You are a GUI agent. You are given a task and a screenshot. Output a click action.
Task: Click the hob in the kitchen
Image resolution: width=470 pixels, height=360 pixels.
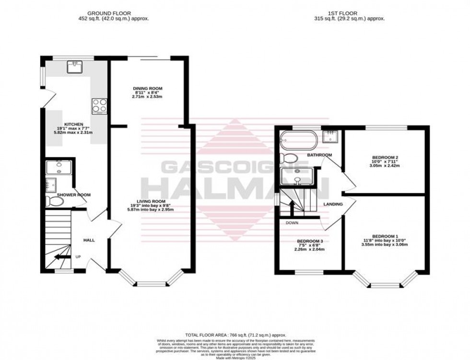(x=99, y=105)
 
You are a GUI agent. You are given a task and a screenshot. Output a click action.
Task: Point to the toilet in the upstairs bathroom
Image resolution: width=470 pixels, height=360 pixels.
(x=288, y=158)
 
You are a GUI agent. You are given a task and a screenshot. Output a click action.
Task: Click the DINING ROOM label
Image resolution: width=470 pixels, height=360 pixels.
(x=148, y=89)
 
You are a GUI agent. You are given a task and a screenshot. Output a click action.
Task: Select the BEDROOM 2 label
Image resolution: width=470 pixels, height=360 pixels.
(x=386, y=157)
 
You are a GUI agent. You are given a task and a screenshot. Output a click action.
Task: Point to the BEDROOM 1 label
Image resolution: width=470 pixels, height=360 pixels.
(x=386, y=236)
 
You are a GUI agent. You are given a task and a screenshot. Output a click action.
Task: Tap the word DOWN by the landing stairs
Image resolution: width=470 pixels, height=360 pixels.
(x=292, y=223)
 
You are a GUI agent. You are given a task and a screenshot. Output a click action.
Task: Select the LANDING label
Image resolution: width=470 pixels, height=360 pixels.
(x=333, y=204)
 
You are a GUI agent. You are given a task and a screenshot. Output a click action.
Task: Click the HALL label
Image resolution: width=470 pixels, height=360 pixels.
(x=90, y=240)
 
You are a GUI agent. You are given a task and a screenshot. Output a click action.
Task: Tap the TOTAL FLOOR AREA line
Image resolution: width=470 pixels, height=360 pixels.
(x=235, y=334)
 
